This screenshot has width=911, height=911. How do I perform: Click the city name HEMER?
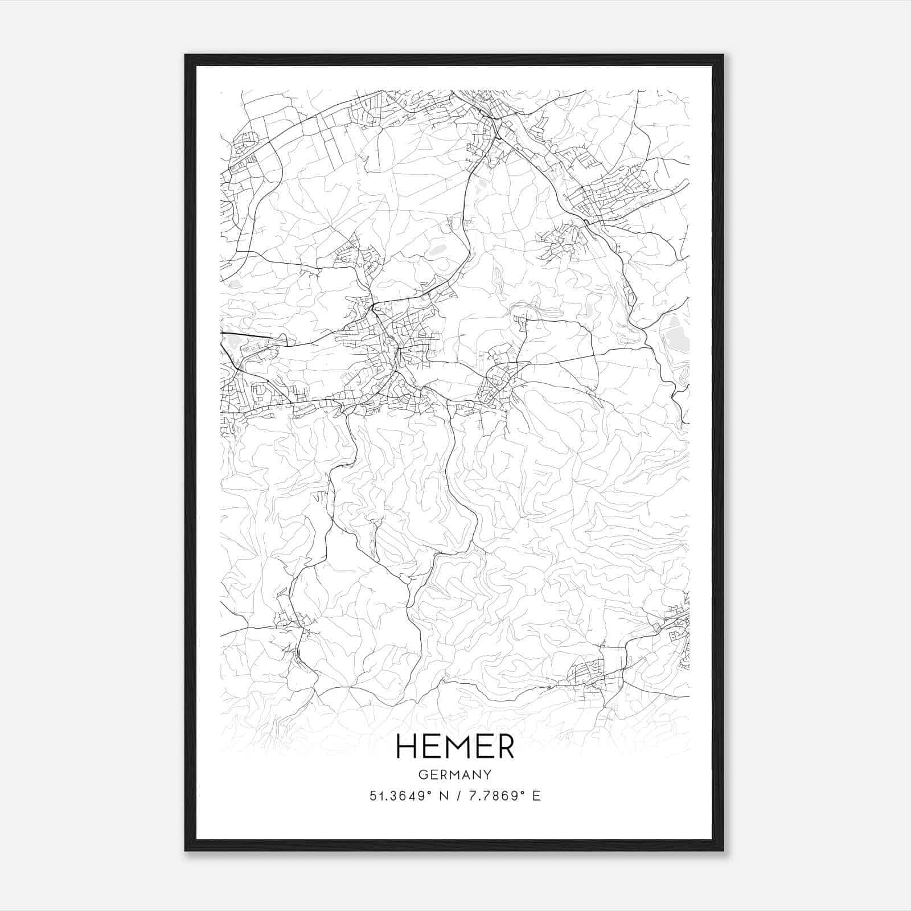(455, 746)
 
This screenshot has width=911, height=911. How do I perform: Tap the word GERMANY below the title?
(455, 774)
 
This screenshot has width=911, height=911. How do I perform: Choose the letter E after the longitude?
(536, 796)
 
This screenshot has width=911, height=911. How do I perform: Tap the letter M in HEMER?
(455, 746)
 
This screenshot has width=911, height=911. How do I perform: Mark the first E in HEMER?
(429, 746)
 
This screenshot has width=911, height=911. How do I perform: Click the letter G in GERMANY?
(422, 774)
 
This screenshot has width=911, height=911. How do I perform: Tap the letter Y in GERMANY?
(488, 774)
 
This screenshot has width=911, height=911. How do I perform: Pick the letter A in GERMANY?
(466, 774)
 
